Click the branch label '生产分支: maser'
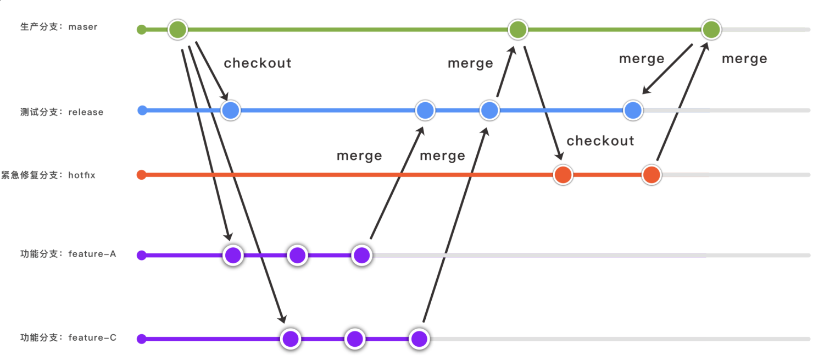click(59, 26)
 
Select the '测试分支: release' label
click(62, 112)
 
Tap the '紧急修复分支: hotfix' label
click(48, 175)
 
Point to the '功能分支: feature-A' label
click(68, 254)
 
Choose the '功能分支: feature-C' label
click(68, 337)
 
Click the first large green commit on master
click(177, 30)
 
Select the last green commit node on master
click(711, 30)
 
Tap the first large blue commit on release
click(231, 111)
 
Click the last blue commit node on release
click(633, 111)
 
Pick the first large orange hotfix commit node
click(563, 175)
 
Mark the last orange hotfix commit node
click(652, 175)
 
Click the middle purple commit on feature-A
click(297, 256)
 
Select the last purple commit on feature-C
click(419, 339)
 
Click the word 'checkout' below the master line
click(258, 63)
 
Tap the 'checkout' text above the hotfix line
click(600, 141)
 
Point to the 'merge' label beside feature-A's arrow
click(359, 156)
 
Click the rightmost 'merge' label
click(744, 59)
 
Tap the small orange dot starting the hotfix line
click(141, 175)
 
